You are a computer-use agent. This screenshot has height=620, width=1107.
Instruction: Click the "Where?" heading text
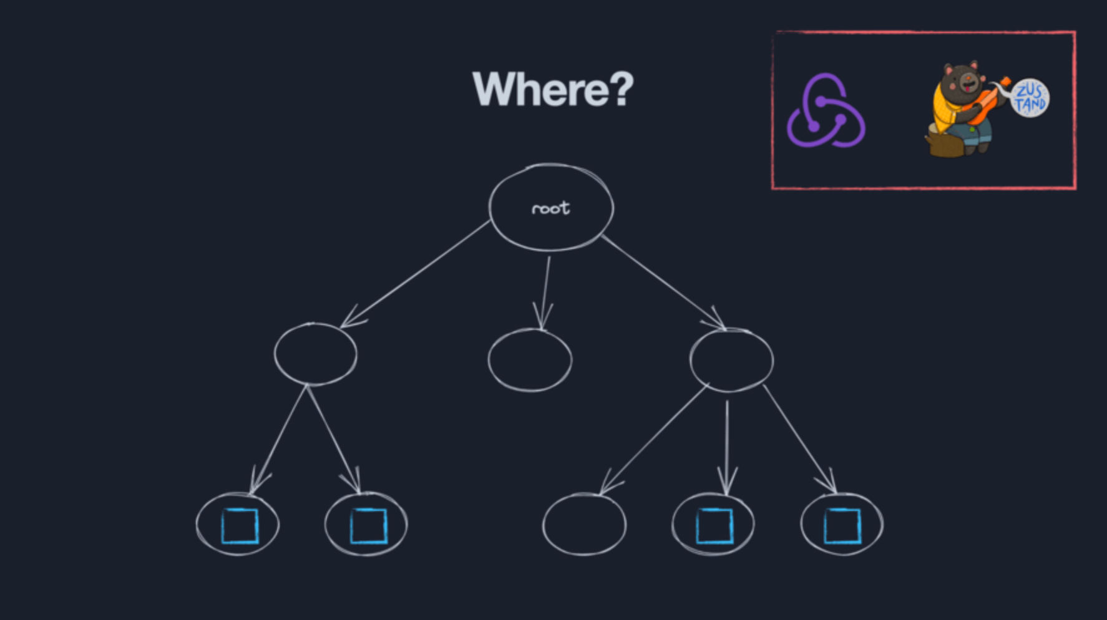pyautogui.click(x=552, y=89)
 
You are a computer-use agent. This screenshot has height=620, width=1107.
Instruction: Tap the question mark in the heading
pyautogui.click(x=620, y=89)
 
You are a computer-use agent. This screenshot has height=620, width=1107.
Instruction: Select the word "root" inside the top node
pyautogui.click(x=550, y=208)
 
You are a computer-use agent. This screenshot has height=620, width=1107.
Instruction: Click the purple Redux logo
pyautogui.click(x=826, y=112)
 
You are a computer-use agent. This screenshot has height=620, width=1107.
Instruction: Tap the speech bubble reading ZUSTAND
pyautogui.click(x=1030, y=98)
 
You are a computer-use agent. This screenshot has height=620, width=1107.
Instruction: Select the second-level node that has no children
pyautogui.click(x=530, y=361)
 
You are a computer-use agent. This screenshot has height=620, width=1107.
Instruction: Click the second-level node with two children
pyautogui.click(x=316, y=354)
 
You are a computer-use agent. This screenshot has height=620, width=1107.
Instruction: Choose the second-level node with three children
pyautogui.click(x=731, y=360)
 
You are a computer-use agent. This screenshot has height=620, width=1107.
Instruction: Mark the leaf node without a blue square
pyautogui.click(x=584, y=524)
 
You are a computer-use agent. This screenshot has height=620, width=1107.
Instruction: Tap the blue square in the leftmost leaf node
pyautogui.click(x=240, y=526)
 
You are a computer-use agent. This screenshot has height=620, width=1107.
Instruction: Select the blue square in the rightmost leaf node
pyautogui.click(x=842, y=526)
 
